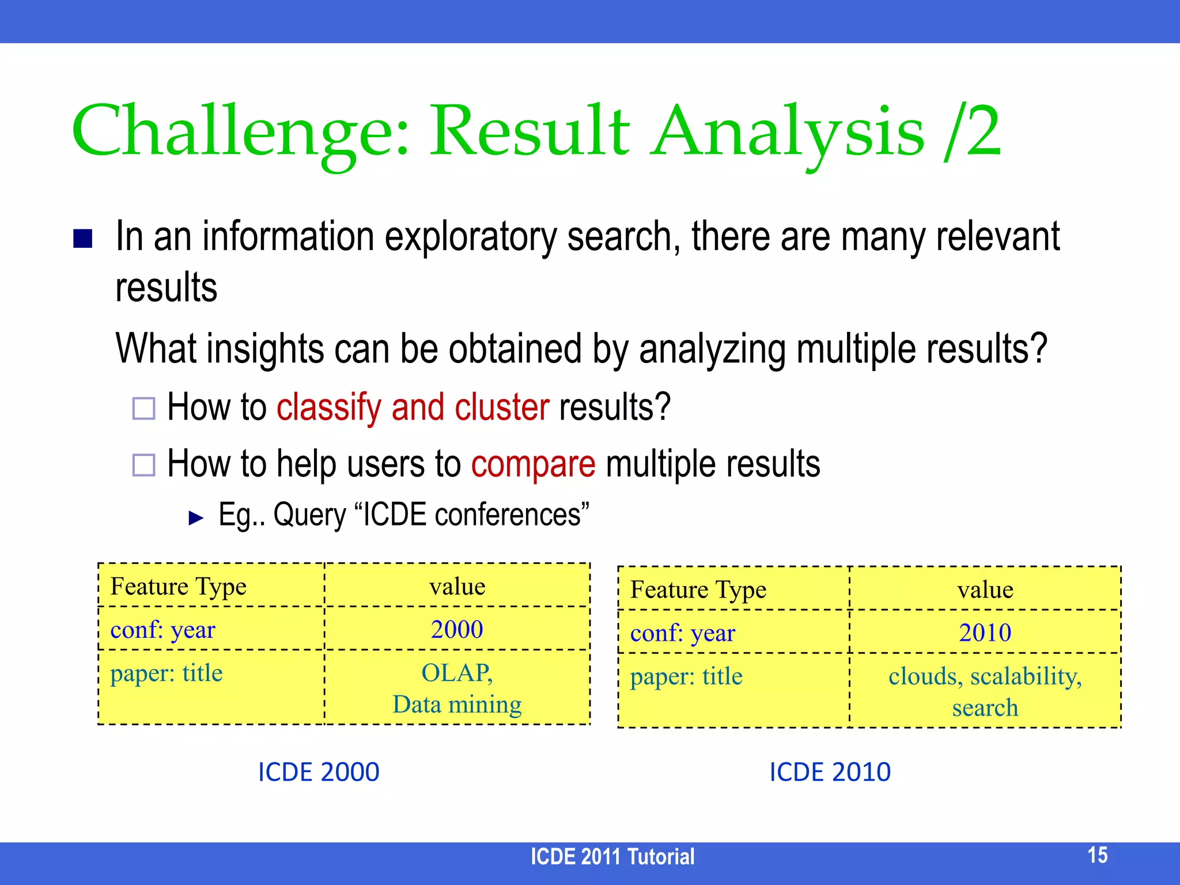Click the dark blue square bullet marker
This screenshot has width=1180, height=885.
83,239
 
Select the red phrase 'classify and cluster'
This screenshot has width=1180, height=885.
413,407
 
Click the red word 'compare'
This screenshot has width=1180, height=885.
533,464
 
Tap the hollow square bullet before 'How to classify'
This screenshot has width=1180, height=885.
143,409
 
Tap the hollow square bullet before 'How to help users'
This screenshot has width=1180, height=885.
143,465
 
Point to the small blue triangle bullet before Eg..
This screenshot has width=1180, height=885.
196,517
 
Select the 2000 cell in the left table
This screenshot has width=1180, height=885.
457,629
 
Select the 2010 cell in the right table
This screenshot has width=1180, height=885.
985,633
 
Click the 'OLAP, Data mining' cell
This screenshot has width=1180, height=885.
457,688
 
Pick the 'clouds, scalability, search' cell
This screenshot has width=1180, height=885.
985,691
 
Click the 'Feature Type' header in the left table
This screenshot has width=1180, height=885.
178,587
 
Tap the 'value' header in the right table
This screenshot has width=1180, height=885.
985,589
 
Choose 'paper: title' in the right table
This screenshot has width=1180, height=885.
686,676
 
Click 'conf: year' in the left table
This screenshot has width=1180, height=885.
162,630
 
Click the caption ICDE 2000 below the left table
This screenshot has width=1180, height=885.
319,772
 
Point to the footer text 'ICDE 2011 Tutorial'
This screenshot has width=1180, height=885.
612,857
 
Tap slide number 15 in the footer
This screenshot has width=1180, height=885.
1097,855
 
